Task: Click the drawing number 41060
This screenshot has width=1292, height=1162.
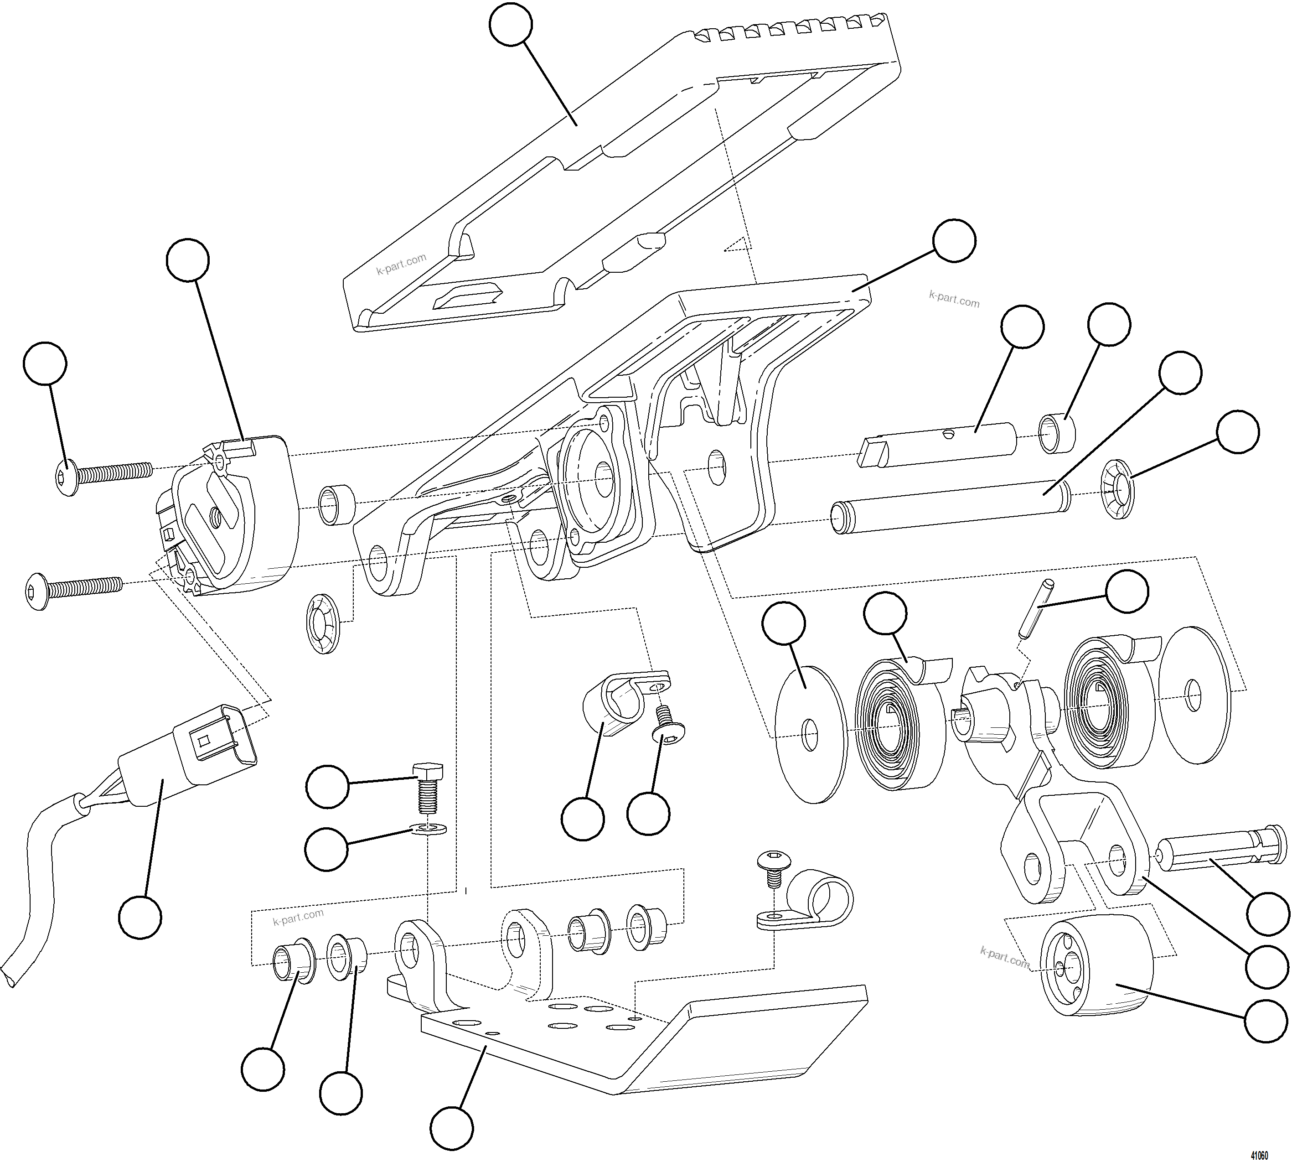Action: pyautogui.click(x=1259, y=1154)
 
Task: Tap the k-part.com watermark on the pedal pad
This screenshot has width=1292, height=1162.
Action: pyautogui.click(x=401, y=264)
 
